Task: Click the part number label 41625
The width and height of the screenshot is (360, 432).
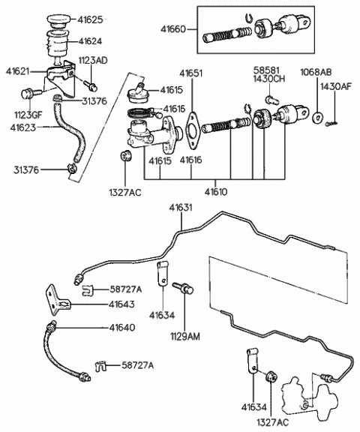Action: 90,19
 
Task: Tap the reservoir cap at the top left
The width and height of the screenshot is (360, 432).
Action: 59,22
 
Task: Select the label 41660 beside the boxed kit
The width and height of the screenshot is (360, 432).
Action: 173,29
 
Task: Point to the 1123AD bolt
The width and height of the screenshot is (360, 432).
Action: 90,85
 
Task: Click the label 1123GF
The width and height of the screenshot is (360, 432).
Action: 28,115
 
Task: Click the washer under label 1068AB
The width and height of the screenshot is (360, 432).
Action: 316,118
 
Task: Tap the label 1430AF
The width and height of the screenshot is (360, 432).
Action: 336,86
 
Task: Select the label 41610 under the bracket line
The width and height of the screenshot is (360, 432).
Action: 216,191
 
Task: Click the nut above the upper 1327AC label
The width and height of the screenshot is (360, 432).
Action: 126,156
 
